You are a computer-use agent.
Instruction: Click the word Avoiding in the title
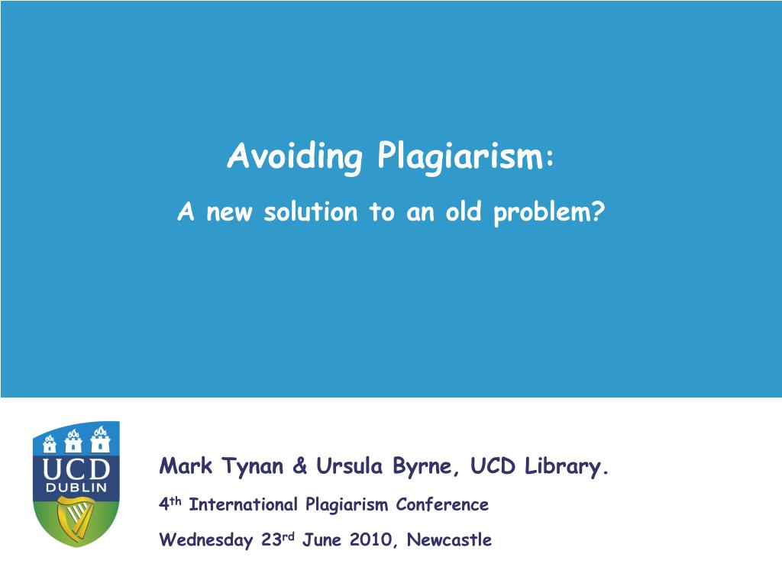tap(295, 157)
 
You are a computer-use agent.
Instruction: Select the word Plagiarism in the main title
tap(460, 157)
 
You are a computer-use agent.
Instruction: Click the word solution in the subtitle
tap(311, 211)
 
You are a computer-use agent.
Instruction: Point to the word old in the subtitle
tap(464, 211)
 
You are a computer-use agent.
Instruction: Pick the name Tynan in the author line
tap(252, 466)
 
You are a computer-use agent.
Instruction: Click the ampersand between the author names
tap(299, 465)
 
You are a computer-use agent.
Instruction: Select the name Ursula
tap(350, 465)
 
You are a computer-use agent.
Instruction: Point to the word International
tap(244, 504)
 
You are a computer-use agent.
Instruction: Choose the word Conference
tap(442, 504)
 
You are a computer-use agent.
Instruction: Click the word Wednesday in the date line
tap(205, 539)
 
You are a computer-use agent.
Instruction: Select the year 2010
tap(371, 539)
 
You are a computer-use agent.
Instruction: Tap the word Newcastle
tap(449, 539)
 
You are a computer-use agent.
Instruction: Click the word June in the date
tap(322, 539)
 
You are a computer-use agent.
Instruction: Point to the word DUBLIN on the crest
tap(76, 488)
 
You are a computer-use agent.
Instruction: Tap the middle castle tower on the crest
tap(74, 440)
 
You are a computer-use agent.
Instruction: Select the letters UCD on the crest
tap(76, 469)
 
